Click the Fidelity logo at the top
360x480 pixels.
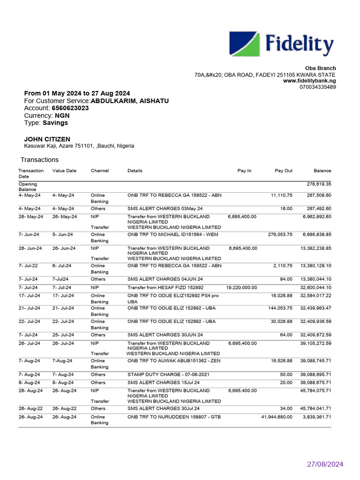[x=281, y=44]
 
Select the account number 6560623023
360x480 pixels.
[x=70, y=108]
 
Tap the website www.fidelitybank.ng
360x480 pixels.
[x=309, y=81]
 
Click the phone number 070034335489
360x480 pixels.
[x=317, y=87]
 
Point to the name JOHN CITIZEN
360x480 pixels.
[x=47, y=139]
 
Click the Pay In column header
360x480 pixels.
[x=244, y=171]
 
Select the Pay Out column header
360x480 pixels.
[x=283, y=171]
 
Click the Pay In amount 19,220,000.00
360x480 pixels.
[x=241, y=287]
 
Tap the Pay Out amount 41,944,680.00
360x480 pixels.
[x=277, y=417]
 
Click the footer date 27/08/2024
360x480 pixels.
[x=325, y=465]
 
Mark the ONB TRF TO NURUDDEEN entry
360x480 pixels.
[x=173, y=417]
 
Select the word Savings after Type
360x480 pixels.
[x=55, y=123]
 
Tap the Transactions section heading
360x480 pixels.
[x=39, y=160]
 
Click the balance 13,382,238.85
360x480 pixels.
[x=315, y=248]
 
